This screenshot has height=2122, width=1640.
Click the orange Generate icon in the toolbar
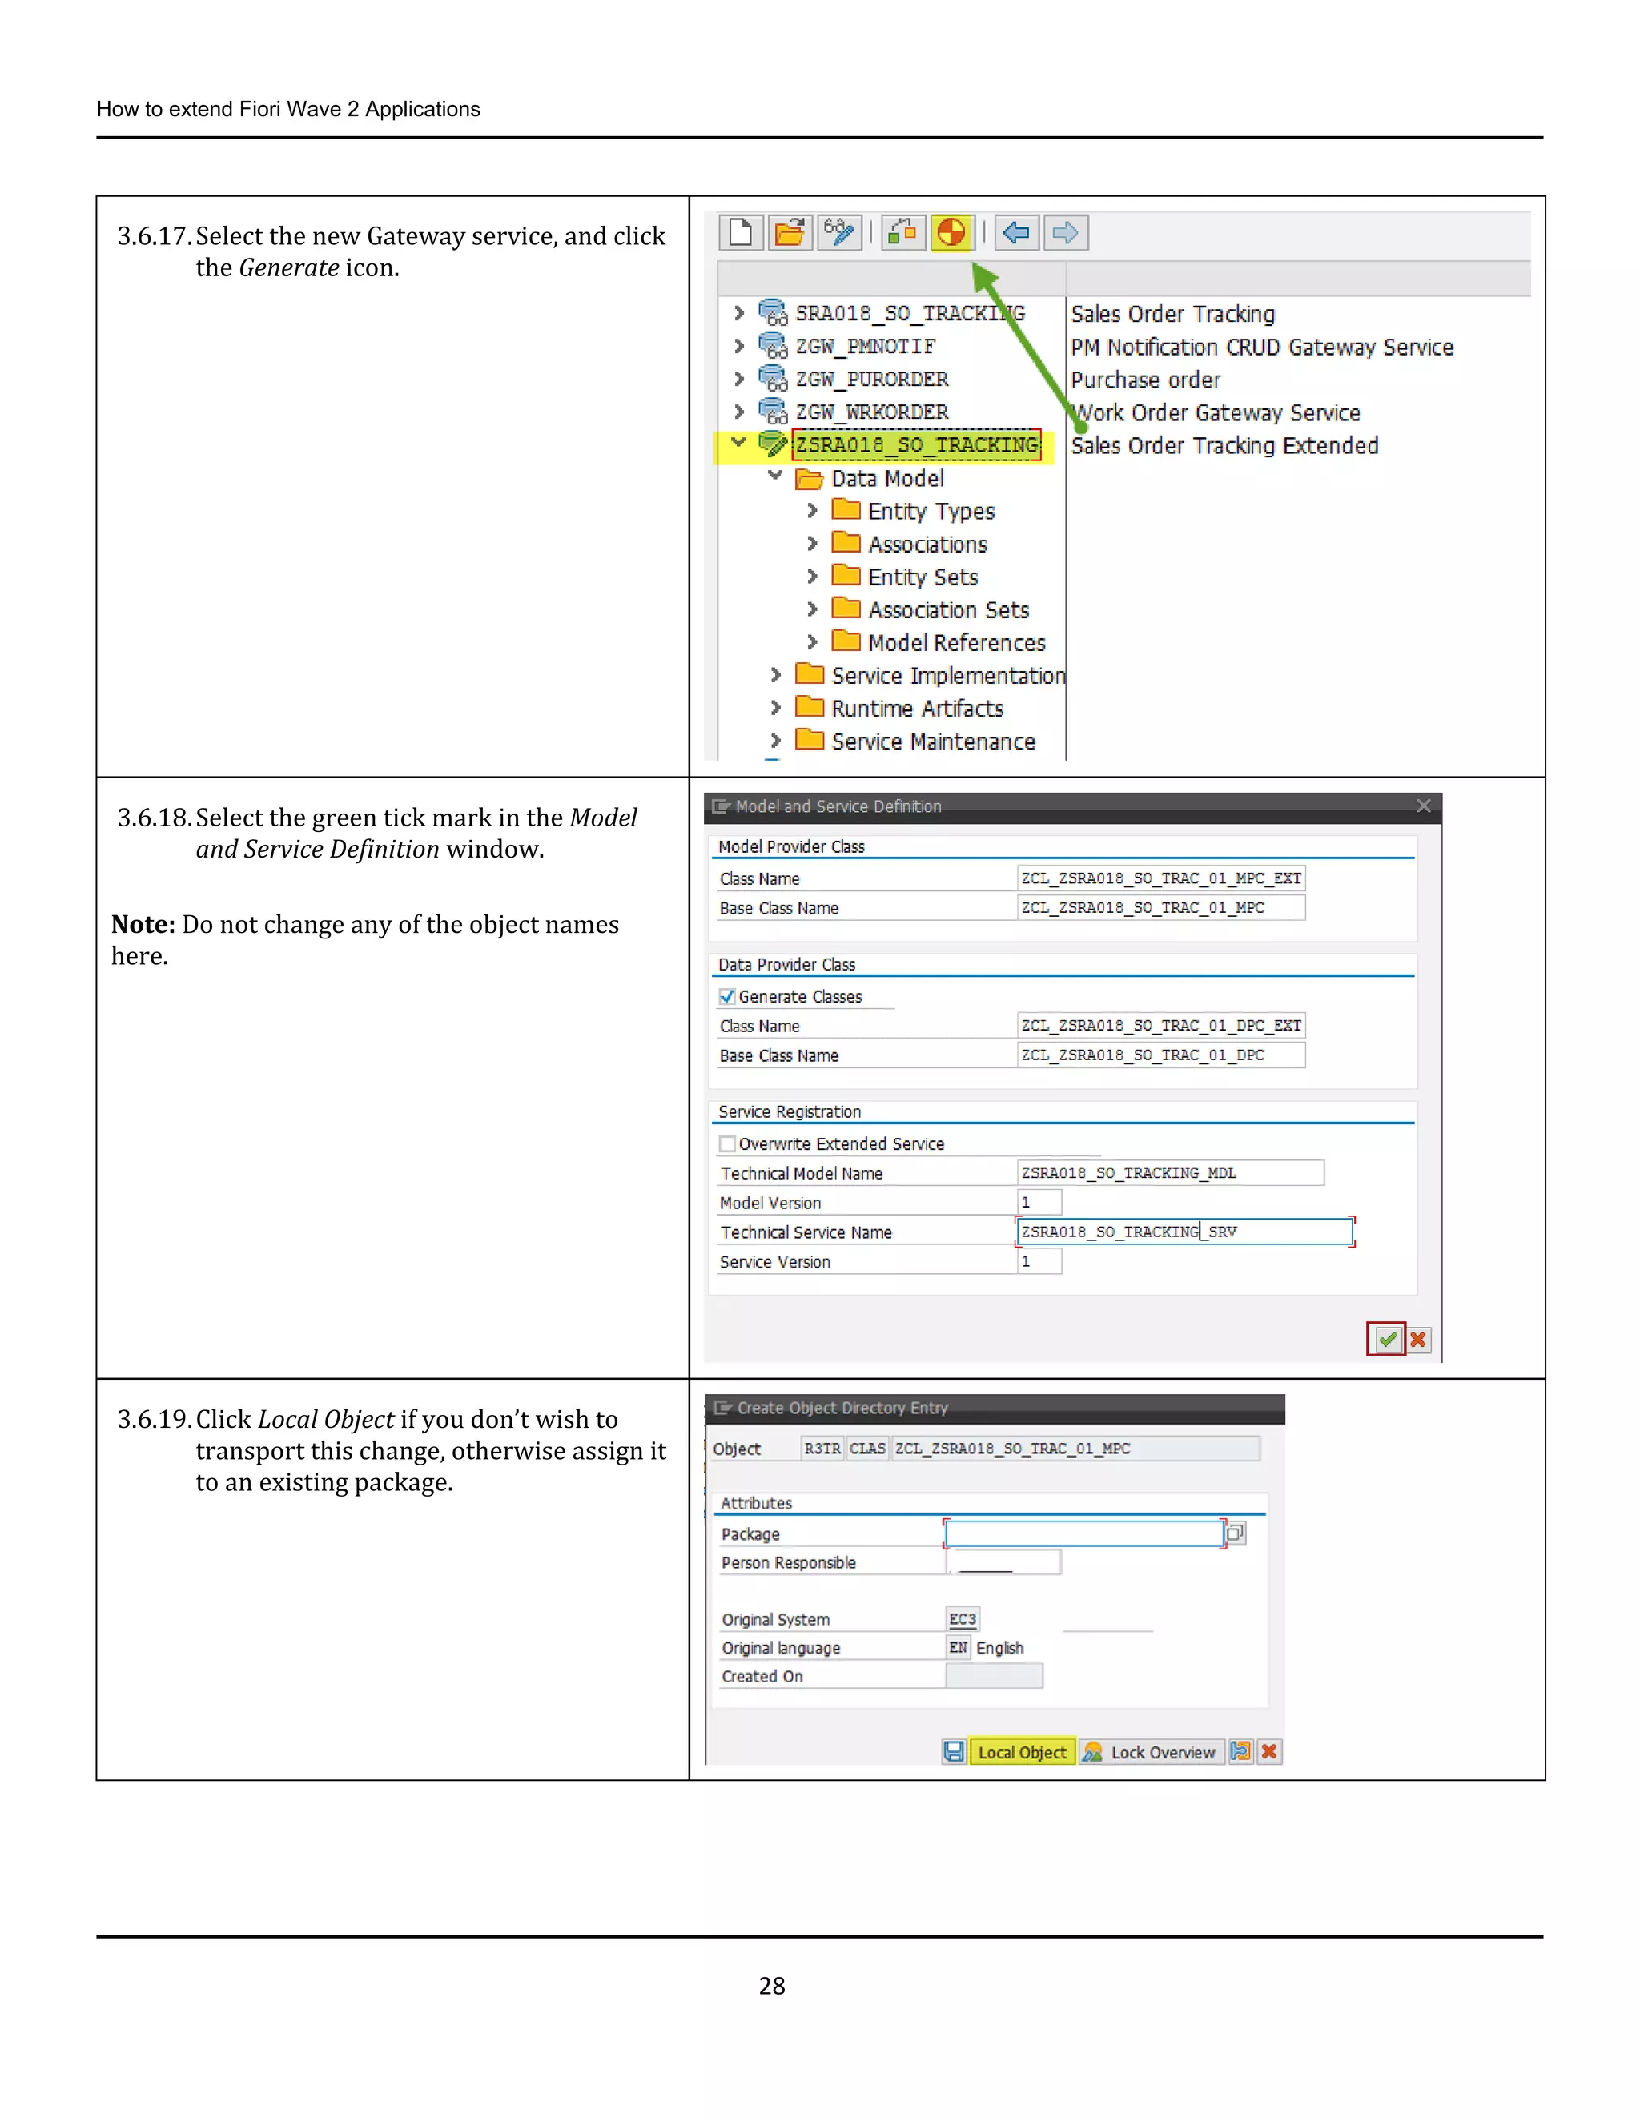point(951,233)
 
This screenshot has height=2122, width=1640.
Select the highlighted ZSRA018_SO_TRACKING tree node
point(916,445)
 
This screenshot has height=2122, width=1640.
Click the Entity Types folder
point(930,511)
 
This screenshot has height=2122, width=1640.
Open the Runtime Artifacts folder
point(916,709)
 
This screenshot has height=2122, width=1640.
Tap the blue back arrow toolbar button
point(1016,233)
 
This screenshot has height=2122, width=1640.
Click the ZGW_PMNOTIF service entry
point(865,346)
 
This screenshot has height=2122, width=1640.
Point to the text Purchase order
point(1144,380)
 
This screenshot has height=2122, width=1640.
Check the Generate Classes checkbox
point(727,997)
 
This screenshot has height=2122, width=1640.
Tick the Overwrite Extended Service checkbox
point(727,1143)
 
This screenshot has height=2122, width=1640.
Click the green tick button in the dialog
point(1386,1340)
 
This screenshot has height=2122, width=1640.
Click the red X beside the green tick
point(1418,1340)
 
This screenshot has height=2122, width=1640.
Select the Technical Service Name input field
point(1184,1232)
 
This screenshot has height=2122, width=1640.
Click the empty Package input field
point(1083,1533)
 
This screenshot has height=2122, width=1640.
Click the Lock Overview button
point(1152,1752)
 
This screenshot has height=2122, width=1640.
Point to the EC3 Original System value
point(962,1618)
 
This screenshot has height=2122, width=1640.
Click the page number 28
point(771,1986)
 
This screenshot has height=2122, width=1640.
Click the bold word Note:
point(143,924)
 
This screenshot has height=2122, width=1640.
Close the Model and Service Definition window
point(1423,806)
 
